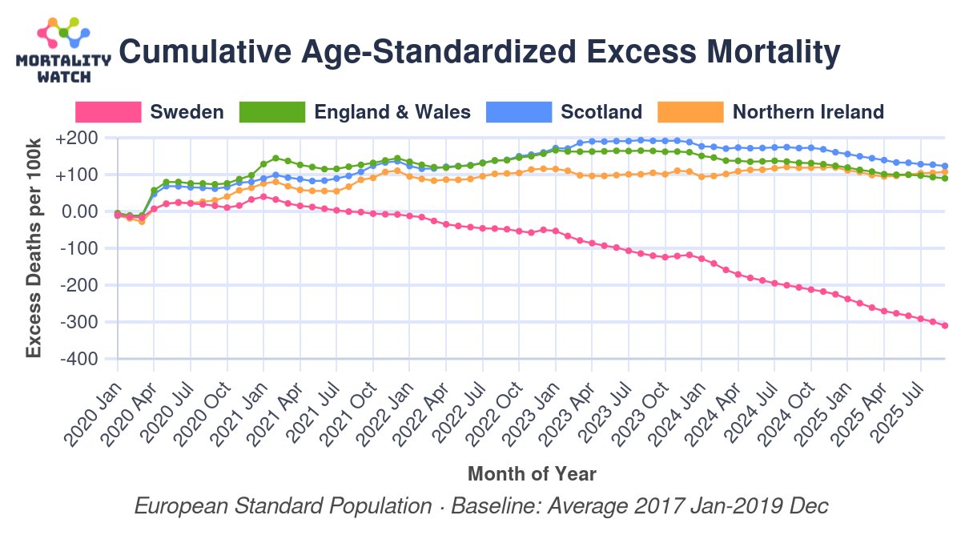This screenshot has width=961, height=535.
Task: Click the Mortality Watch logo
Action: pos(63,50)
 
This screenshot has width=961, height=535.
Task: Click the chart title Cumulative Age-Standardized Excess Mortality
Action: pos(480,53)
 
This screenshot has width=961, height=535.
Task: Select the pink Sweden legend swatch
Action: pos(108,112)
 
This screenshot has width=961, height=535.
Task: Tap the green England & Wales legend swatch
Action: pos(272,112)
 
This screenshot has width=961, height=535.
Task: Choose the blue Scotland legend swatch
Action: pos(519,112)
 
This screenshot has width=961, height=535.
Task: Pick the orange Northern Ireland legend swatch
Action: pos(690,112)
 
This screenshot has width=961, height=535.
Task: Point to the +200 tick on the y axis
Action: pos(77,139)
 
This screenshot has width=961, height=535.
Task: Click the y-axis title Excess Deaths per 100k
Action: pos(34,248)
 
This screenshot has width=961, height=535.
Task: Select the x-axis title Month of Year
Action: pos(531,473)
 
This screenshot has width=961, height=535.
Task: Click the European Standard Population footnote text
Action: pos(480,507)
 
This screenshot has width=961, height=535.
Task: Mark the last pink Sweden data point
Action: pos(945,325)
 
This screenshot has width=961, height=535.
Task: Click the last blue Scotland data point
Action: pos(945,166)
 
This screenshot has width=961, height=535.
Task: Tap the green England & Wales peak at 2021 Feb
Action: pos(275,159)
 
